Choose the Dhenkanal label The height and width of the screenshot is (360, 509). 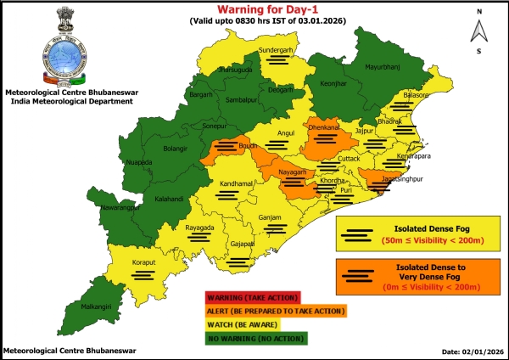(x=324, y=127)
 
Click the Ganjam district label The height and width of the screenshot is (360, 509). (x=270, y=218)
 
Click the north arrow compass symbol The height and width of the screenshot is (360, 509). (x=479, y=31)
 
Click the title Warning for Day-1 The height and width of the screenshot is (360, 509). (x=255, y=9)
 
